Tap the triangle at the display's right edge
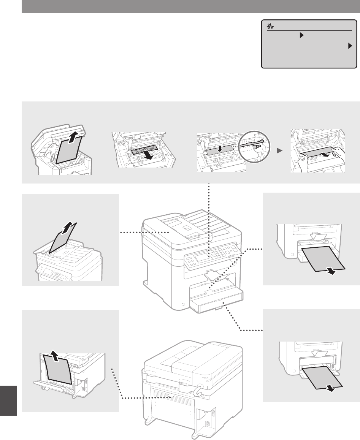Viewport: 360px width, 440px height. [350, 46]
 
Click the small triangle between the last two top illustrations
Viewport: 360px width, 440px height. [281, 150]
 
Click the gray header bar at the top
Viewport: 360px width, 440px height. [190, 6]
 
